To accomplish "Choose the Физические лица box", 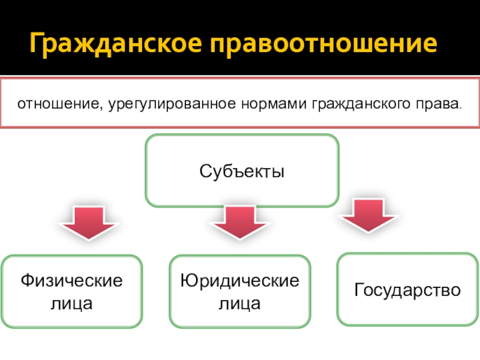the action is click(x=71, y=291).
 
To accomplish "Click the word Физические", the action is click(x=71, y=280).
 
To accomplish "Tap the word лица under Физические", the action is click(x=71, y=304).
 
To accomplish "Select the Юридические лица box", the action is click(x=240, y=291).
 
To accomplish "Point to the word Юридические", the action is click(x=240, y=280).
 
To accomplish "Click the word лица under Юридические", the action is click(x=240, y=304).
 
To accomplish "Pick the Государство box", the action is click(x=407, y=289).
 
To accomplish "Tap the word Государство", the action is click(x=407, y=291).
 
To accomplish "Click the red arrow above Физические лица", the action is click(x=88, y=221).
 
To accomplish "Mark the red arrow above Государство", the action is click(x=370, y=215).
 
